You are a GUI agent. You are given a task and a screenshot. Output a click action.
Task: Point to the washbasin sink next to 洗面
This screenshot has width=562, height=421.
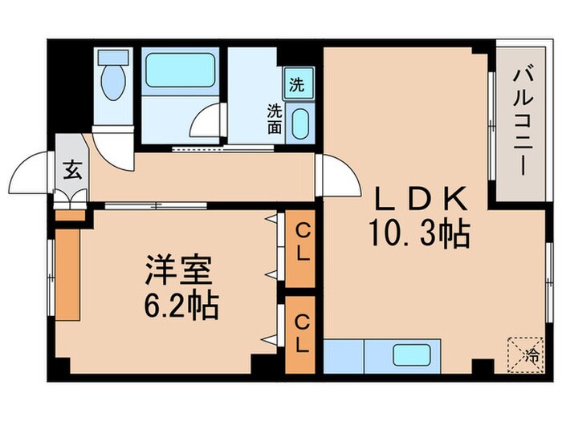tap(299, 125)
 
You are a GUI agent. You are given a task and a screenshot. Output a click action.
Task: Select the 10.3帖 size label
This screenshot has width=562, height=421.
tap(418, 234)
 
